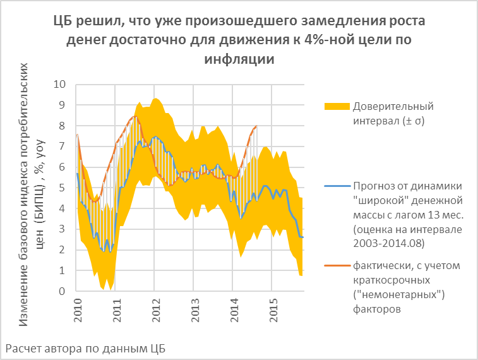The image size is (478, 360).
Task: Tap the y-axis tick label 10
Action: point(61,84)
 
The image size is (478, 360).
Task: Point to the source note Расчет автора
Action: point(85,348)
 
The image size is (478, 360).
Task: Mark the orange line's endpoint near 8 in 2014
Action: point(256,126)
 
